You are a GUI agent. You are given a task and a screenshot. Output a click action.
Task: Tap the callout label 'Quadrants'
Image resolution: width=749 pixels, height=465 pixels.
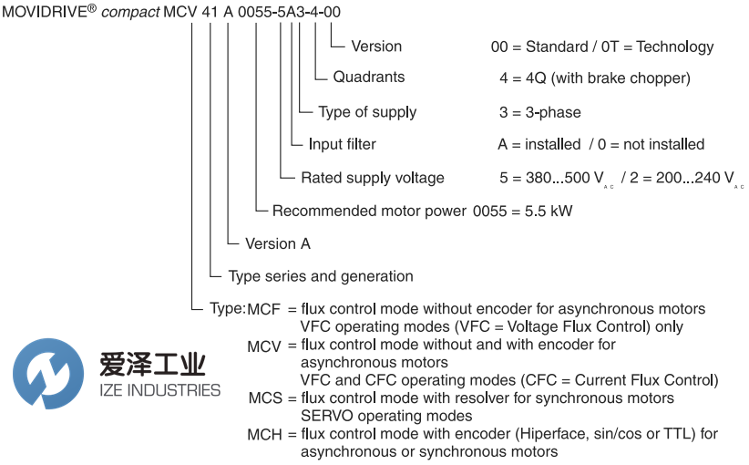pyautogui.click(x=368, y=77)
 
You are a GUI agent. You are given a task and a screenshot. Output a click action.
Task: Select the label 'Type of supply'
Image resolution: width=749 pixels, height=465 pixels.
pyautogui.click(x=366, y=112)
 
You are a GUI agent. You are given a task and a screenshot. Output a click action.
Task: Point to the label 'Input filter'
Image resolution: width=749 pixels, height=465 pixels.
pyautogui.click(x=342, y=144)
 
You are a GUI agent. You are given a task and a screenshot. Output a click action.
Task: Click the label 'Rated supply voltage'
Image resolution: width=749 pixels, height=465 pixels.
pyautogui.click(x=373, y=178)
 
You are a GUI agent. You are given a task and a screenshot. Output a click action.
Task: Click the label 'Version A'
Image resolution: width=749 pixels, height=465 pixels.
pyautogui.click(x=277, y=243)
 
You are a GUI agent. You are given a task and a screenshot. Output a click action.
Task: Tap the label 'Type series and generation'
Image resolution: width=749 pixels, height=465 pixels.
pyautogui.click(x=320, y=276)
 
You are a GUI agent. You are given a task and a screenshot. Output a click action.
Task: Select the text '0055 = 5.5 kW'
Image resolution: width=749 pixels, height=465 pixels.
pyautogui.click(x=523, y=211)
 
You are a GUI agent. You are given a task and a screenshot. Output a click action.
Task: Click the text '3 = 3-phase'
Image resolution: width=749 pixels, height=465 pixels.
pyautogui.click(x=539, y=112)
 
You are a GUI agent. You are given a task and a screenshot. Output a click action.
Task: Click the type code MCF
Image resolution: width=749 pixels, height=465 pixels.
pyautogui.click(x=265, y=309)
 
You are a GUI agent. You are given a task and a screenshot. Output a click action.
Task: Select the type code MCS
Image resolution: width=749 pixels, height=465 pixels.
pyautogui.click(x=265, y=398)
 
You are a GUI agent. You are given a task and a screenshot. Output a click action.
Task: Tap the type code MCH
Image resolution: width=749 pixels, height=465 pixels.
pyautogui.click(x=265, y=435)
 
